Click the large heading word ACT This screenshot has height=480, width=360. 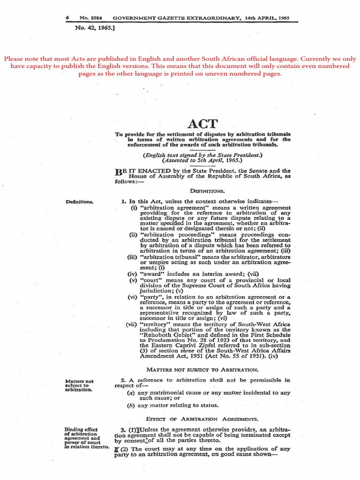203,124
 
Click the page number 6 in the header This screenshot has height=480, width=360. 67,18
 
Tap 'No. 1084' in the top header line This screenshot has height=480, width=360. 91,18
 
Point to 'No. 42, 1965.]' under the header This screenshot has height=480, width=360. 95,28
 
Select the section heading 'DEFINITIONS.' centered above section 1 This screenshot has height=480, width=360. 207,191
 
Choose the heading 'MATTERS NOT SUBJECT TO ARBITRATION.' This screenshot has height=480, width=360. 202,370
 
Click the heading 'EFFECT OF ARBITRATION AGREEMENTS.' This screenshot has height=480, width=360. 202,419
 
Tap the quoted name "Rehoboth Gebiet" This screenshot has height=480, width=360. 165,335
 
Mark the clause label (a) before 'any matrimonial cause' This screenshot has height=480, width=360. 131,393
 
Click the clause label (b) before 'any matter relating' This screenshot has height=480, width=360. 131,405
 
